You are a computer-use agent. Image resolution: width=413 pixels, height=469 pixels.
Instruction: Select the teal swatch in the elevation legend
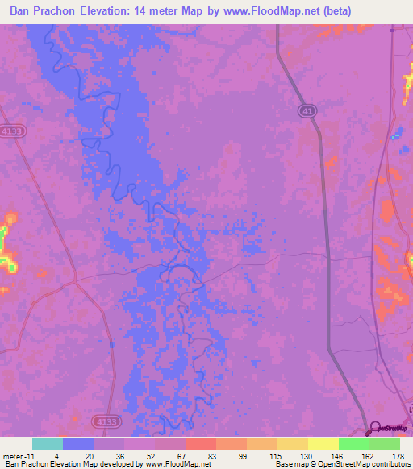click(x=48, y=444)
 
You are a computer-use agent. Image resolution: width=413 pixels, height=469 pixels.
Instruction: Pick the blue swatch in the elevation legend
click(x=78, y=444)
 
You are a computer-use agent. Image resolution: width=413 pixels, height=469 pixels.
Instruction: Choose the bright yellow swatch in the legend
click(x=323, y=444)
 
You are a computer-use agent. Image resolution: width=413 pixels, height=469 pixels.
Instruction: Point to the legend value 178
click(x=397, y=455)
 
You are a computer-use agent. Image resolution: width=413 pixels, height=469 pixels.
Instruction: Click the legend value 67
click(x=182, y=455)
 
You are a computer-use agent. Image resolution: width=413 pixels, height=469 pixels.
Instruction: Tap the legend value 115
click(x=273, y=455)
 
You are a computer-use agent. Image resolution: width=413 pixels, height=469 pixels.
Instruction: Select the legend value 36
click(x=119, y=455)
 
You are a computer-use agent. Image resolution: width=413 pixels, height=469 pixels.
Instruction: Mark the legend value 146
click(x=336, y=455)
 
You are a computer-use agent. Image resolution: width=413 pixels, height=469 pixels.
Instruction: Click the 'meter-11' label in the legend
click(x=17, y=455)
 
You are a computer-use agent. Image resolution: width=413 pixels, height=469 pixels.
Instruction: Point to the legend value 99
click(x=244, y=455)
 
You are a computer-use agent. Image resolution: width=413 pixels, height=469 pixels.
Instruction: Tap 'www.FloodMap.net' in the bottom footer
click(x=177, y=463)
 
